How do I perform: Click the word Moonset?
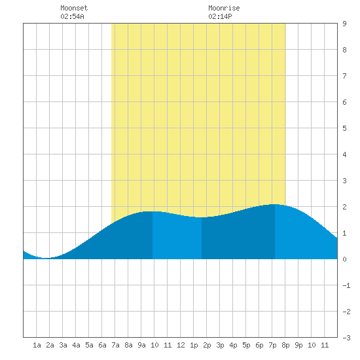tap(74, 8)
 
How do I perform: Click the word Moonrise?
tap(224, 8)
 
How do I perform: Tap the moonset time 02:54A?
tap(72, 16)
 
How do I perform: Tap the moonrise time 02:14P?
tap(220, 16)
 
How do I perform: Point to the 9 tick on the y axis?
tap(344, 24)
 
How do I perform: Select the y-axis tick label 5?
tap(344, 128)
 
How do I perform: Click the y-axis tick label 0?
tap(344, 259)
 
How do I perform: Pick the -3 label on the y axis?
tap(346, 338)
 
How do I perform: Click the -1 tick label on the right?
tap(346, 285)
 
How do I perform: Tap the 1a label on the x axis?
tap(37, 345)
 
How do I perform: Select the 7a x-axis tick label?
tap(115, 345)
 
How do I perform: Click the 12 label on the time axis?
tap(181, 345)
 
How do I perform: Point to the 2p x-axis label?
tap(207, 345)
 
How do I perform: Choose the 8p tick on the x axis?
tap(285, 345)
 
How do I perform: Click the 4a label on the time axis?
tap(76, 345)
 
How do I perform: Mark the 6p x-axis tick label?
tap(259, 345)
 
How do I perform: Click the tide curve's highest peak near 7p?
tap(275, 204)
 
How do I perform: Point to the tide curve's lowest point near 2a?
tap(45, 258)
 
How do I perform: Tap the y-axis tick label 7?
tap(344, 76)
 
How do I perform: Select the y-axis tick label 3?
tap(344, 181)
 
